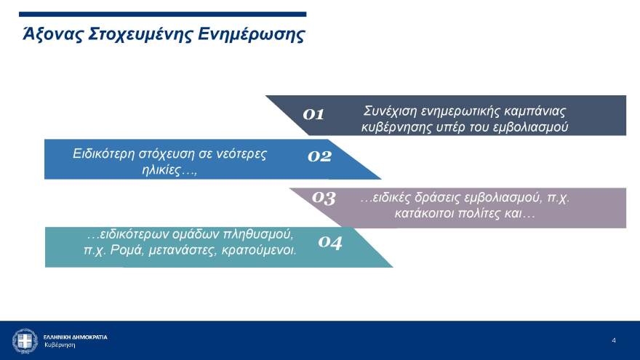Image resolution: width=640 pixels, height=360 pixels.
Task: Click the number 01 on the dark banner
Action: [x=313, y=114]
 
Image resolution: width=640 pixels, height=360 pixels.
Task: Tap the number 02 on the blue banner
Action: [x=319, y=156]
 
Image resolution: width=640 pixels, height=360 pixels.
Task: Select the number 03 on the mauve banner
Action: [x=324, y=197]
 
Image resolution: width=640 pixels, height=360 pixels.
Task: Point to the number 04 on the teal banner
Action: [x=330, y=243]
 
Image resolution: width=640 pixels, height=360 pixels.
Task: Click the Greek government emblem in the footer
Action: [x=25, y=340]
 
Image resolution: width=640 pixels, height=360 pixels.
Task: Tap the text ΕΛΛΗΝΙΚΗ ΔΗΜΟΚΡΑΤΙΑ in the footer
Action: [x=75, y=337]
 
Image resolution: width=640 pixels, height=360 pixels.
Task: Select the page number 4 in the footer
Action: [x=614, y=340]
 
